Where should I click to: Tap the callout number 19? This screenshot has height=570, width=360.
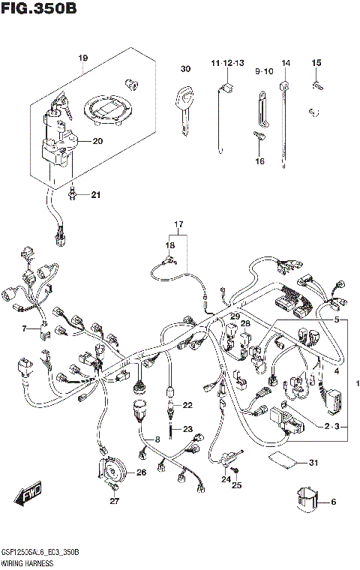pos(83,58)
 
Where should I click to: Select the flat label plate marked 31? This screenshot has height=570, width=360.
pos(282,459)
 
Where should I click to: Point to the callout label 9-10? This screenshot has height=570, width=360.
pos(264,70)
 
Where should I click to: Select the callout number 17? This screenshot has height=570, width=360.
pos(179,225)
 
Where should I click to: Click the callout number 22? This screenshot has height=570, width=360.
pos(187,405)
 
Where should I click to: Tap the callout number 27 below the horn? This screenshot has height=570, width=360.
pos(115,502)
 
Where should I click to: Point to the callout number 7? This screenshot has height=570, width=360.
pos(25,328)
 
